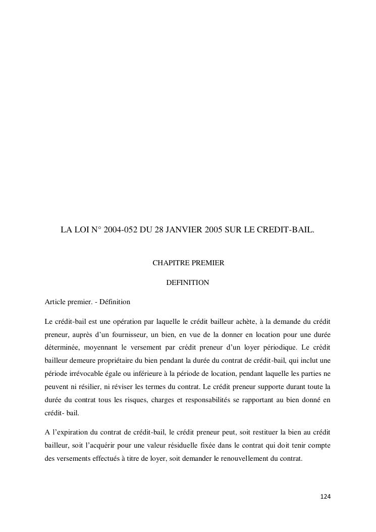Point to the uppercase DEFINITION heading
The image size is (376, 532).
click(x=188, y=282)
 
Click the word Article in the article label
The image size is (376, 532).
click(x=56, y=302)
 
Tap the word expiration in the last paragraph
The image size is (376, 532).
click(x=72, y=432)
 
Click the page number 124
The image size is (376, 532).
click(x=326, y=497)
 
